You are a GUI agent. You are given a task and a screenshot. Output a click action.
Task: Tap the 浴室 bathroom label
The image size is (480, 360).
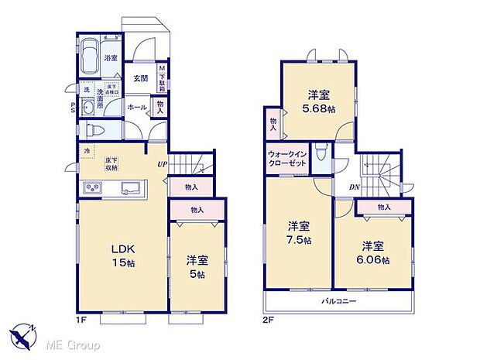(110, 58)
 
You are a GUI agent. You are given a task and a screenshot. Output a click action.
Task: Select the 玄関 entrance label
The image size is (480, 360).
(140, 77)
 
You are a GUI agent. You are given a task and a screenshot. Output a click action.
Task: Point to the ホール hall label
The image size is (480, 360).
(136, 108)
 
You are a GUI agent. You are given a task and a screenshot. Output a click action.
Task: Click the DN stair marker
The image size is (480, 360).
(354, 187)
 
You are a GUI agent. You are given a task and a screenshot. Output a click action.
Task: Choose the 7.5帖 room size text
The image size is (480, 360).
(300, 241)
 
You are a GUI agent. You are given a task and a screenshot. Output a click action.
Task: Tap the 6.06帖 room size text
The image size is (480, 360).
(372, 259)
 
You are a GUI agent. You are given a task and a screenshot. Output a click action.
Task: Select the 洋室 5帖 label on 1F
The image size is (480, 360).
(197, 267)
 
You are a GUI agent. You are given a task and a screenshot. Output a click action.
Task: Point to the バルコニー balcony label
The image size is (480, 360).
(338, 300)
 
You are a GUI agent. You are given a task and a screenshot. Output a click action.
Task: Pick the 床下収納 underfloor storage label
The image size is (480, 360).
(112, 163)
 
